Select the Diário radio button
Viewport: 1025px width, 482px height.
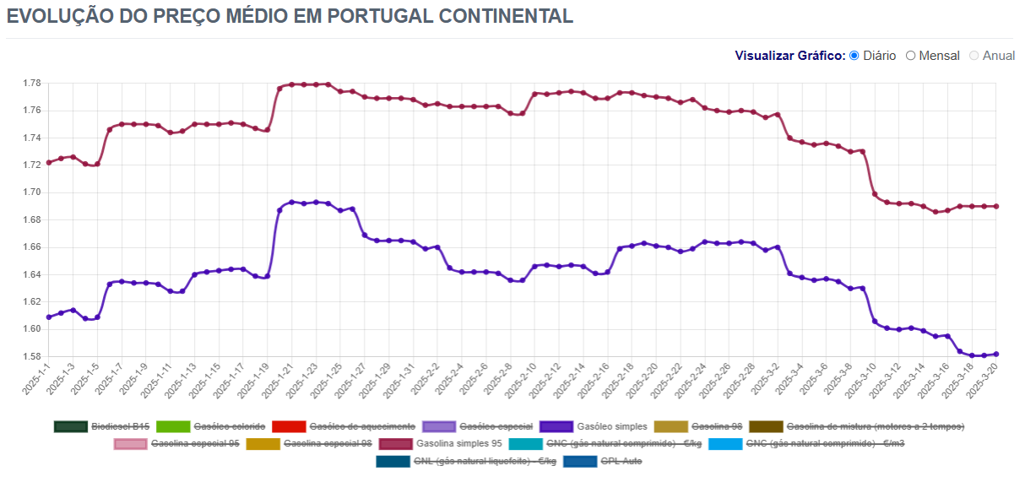tap(854, 56)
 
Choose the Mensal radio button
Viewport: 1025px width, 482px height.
tap(910, 56)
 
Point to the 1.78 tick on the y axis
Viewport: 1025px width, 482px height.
tap(31, 84)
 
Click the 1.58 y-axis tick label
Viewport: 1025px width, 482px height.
tap(31, 357)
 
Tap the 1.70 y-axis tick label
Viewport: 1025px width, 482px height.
tap(31, 192)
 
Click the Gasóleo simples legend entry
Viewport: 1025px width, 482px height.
tap(613, 426)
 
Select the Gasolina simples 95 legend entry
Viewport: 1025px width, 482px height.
tap(458, 443)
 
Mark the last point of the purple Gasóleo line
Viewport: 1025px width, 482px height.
tap(996, 354)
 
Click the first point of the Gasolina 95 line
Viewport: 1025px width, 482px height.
tap(49, 162)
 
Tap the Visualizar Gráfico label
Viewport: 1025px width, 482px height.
tap(789, 56)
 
